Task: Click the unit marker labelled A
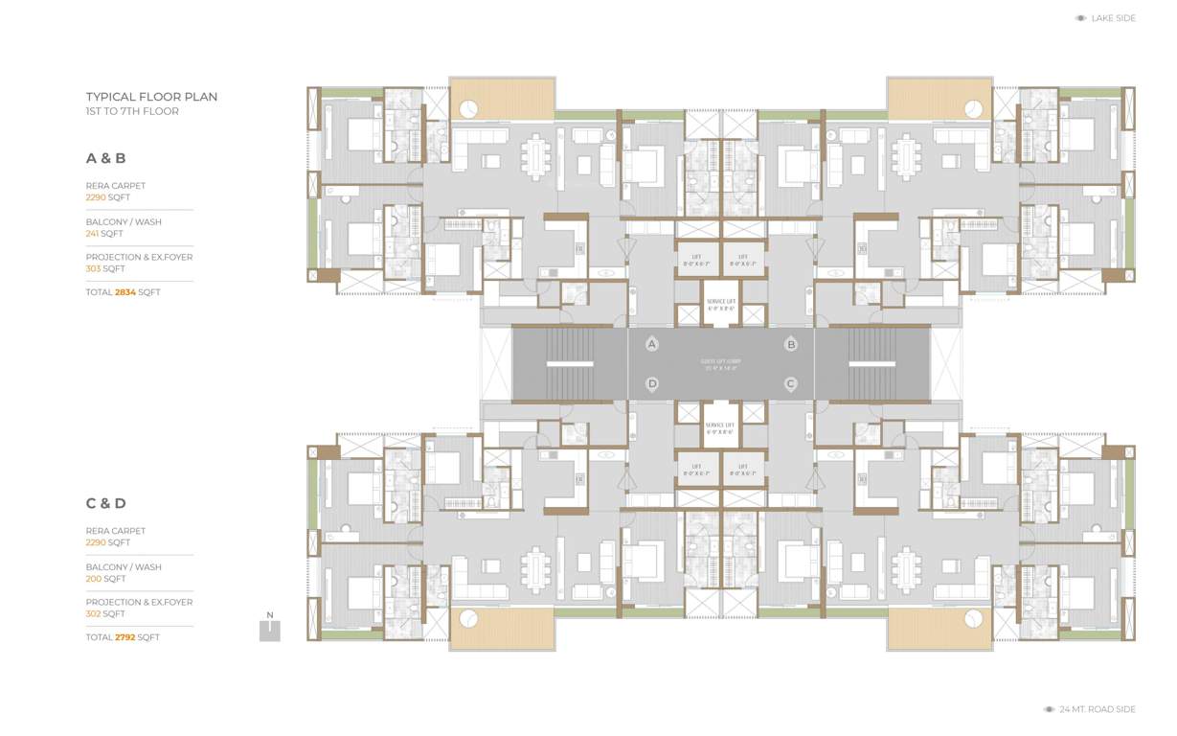652,344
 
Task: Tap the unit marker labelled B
791,344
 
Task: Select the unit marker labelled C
791,383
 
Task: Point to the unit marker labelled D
652,383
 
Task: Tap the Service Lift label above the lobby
721,305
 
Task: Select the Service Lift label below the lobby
720,427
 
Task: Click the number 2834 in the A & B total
125,292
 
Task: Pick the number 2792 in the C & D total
125,637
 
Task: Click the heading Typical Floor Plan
151,97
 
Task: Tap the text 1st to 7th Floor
132,111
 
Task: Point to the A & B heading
106,158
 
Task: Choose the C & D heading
106,503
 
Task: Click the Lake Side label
1113,18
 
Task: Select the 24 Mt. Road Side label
1097,709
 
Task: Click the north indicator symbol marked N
270,628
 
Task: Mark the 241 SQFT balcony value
104,233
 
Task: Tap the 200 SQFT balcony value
105,579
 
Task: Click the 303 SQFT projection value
105,269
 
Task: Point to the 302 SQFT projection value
105,613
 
